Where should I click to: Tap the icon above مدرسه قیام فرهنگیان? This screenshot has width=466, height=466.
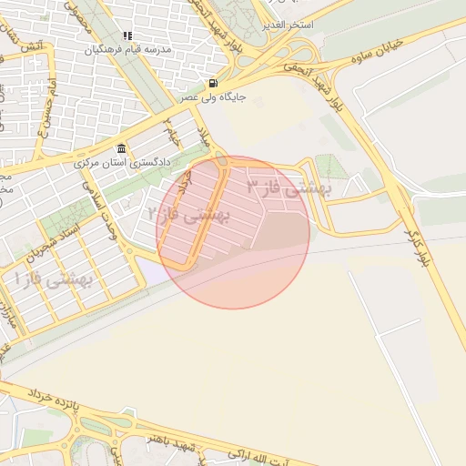[x=127, y=35]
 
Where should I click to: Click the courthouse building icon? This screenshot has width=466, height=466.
[x=122, y=149]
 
